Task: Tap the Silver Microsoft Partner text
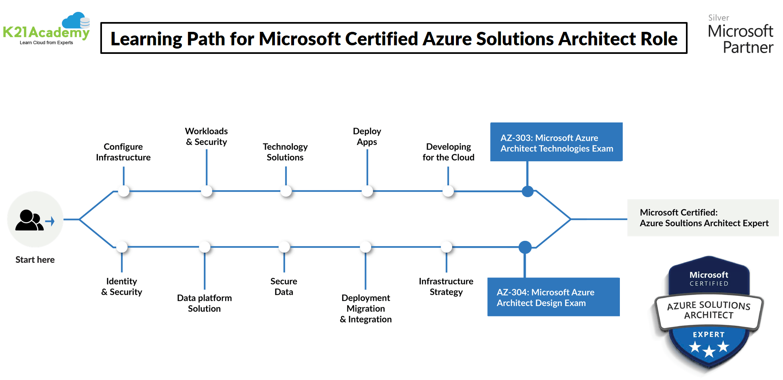tap(740, 35)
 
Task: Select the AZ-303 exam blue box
tap(556, 142)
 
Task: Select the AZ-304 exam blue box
tap(553, 297)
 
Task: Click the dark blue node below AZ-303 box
tap(528, 191)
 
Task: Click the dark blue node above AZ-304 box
tap(525, 247)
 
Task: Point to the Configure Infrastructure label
tap(123, 152)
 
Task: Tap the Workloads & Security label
tap(206, 136)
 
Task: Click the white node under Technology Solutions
tap(286, 191)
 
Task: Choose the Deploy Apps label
tap(367, 136)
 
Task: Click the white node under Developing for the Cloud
tap(448, 191)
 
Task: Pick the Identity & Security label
tap(122, 287)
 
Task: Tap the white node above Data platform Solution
tap(205, 247)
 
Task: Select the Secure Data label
tap(284, 287)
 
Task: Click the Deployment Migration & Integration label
tap(366, 309)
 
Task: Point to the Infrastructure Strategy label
tap(446, 287)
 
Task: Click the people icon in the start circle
tap(29, 221)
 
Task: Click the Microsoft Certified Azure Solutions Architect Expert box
tap(703, 218)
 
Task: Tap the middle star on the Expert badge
tap(709, 351)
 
